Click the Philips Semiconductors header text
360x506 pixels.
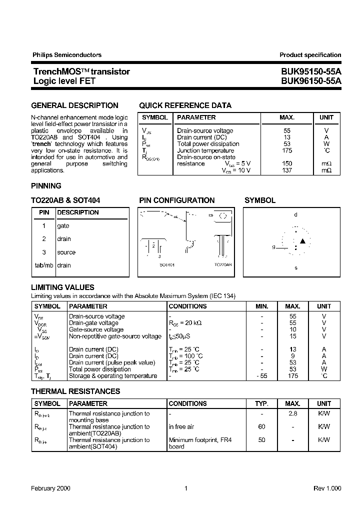coord(67,55)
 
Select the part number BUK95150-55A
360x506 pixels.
coord(310,71)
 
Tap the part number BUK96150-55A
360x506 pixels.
coord(310,80)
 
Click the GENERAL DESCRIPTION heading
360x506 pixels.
coord(75,105)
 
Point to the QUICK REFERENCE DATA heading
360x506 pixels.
coord(185,105)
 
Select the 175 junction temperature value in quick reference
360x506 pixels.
coord(286,150)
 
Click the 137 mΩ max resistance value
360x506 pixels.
coord(286,170)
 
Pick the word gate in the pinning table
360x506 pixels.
coord(63,226)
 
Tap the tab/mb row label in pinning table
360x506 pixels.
coord(43,265)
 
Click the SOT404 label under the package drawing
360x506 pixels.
coord(167,264)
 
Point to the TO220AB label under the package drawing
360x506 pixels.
coord(223,264)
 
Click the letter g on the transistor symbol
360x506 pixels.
coord(273,247)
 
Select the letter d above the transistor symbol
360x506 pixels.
coord(295,214)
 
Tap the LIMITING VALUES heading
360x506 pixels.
coord(62,287)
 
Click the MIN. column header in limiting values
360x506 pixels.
coord(261,306)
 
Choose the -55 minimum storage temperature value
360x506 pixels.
coord(261,376)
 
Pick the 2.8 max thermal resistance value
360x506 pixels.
coord(293,414)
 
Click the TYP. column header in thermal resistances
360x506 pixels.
coord(261,403)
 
